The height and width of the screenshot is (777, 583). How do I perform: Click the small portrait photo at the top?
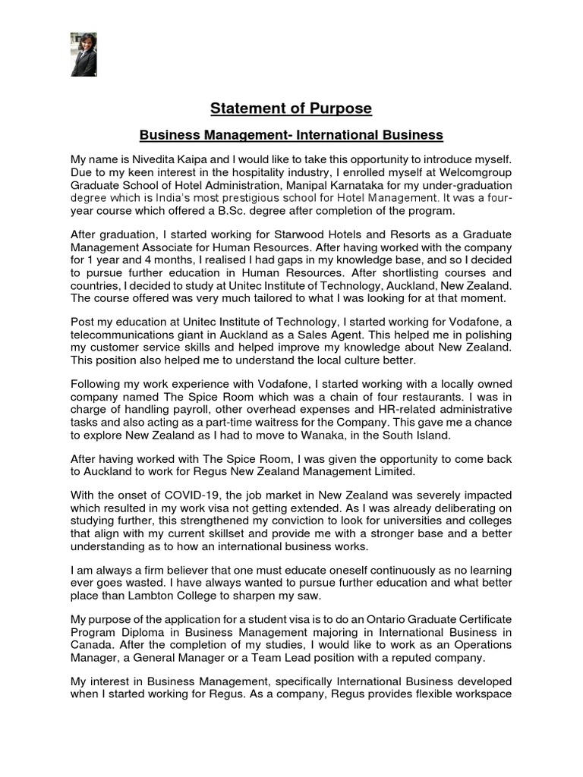(x=83, y=54)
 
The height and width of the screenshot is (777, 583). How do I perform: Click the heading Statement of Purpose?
(x=291, y=109)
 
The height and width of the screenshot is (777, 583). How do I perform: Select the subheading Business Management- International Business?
(x=291, y=135)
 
